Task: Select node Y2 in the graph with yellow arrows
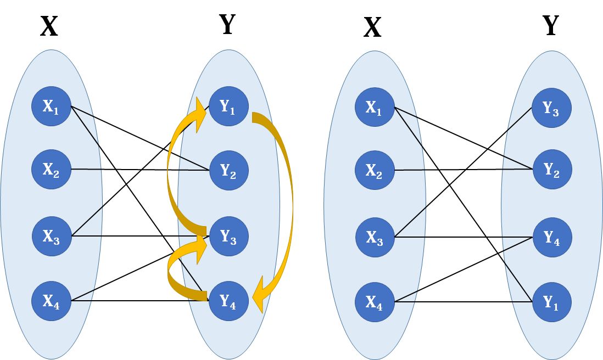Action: [x=228, y=170]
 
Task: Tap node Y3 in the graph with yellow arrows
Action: [x=228, y=236]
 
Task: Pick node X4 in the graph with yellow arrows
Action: [x=52, y=300]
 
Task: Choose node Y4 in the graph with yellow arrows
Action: [x=228, y=300]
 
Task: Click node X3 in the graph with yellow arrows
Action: [x=52, y=236]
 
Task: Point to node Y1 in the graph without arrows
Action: [x=551, y=300]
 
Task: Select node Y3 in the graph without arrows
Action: [x=551, y=108]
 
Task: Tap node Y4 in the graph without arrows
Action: [x=551, y=237]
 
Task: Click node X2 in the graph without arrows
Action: [x=375, y=170]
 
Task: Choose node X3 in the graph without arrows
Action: [x=375, y=237]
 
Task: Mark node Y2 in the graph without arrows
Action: [x=551, y=170]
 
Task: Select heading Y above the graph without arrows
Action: [x=550, y=25]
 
